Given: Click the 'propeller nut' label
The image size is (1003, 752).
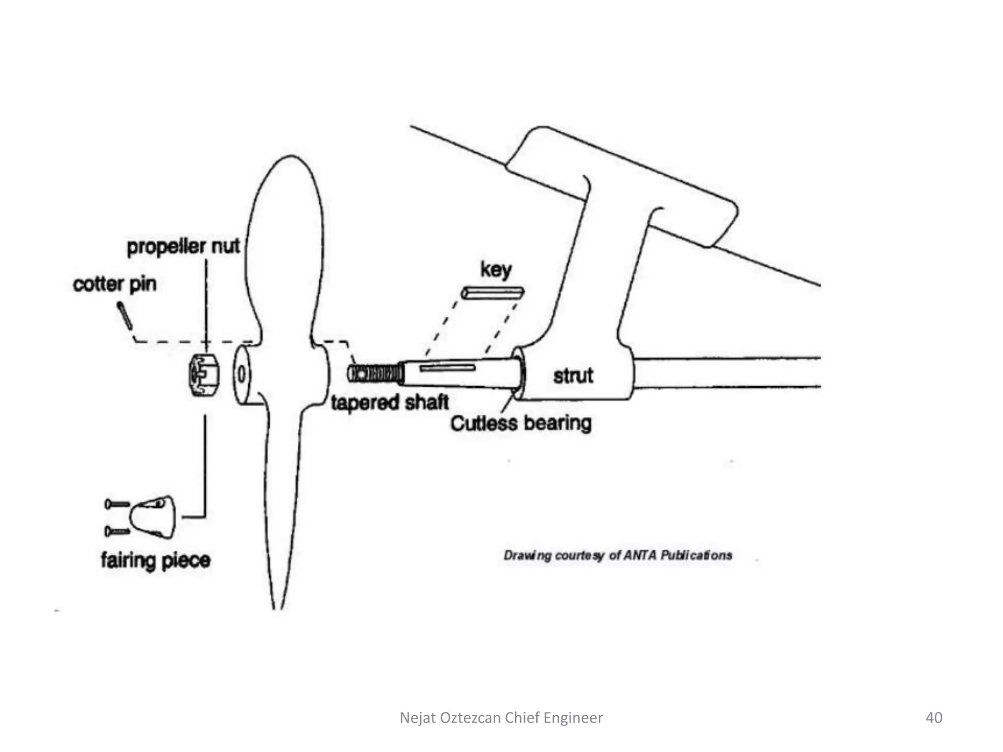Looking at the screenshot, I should [x=183, y=246].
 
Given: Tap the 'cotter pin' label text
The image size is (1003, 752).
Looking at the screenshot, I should [x=115, y=284].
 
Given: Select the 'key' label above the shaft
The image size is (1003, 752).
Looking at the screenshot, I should [x=496, y=269].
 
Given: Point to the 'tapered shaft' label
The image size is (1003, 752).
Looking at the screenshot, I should [x=389, y=402].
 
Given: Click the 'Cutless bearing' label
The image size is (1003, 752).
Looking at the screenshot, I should [x=521, y=423].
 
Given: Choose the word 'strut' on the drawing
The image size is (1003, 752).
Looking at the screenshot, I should [x=573, y=376].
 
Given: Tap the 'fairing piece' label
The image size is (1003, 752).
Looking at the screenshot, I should [x=156, y=560].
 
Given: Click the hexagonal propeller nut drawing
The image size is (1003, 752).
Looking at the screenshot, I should [x=204, y=375].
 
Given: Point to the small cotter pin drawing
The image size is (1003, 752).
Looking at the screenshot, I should [x=124, y=316].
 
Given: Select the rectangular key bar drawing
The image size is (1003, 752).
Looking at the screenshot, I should [x=492, y=293].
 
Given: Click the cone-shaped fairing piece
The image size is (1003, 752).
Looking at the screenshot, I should [x=153, y=517].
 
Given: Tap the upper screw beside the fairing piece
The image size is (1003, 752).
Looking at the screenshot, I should [x=117, y=504].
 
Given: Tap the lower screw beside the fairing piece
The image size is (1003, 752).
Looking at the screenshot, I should [x=117, y=531].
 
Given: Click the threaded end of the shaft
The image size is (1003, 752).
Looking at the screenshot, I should [x=375, y=375].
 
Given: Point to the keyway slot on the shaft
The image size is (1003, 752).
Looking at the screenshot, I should [x=447, y=368].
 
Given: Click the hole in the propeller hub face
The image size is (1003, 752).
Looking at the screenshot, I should [x=241, y=375].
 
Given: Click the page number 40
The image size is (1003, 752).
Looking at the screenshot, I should [x=933, y=717].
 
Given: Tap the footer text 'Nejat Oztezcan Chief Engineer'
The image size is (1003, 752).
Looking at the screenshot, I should [x=501, y=717].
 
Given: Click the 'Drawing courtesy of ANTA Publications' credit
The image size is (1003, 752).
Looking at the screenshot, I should [x=618, y=555].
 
